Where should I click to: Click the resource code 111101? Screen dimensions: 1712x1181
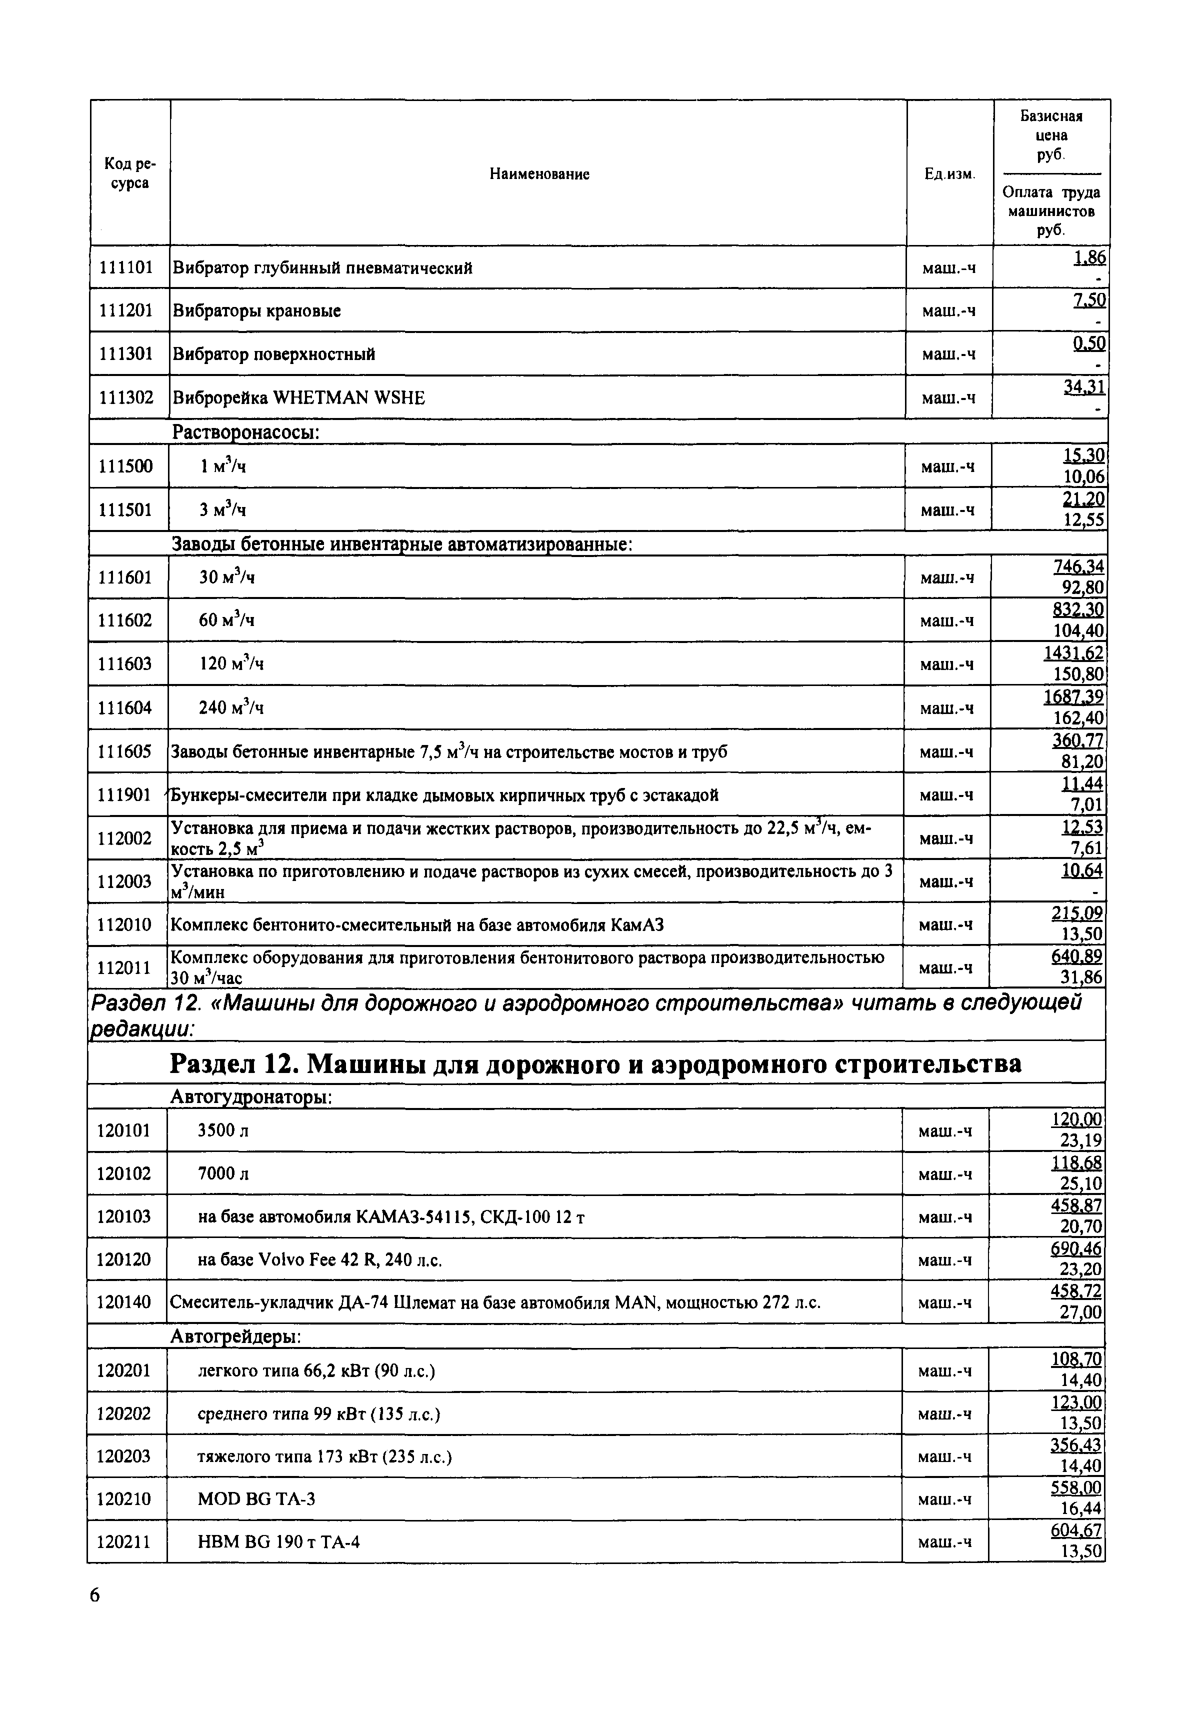[126, 267]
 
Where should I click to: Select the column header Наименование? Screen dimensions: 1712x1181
[539, 174]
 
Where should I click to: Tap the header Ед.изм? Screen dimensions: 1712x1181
[950, 174]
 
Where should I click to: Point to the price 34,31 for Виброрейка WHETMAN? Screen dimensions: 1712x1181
[1085, 387]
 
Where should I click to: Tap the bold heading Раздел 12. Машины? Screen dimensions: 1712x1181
[595, 1064]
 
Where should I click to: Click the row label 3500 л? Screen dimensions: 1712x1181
[223, 1130]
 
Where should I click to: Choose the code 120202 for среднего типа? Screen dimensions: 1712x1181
[123, 1414]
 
